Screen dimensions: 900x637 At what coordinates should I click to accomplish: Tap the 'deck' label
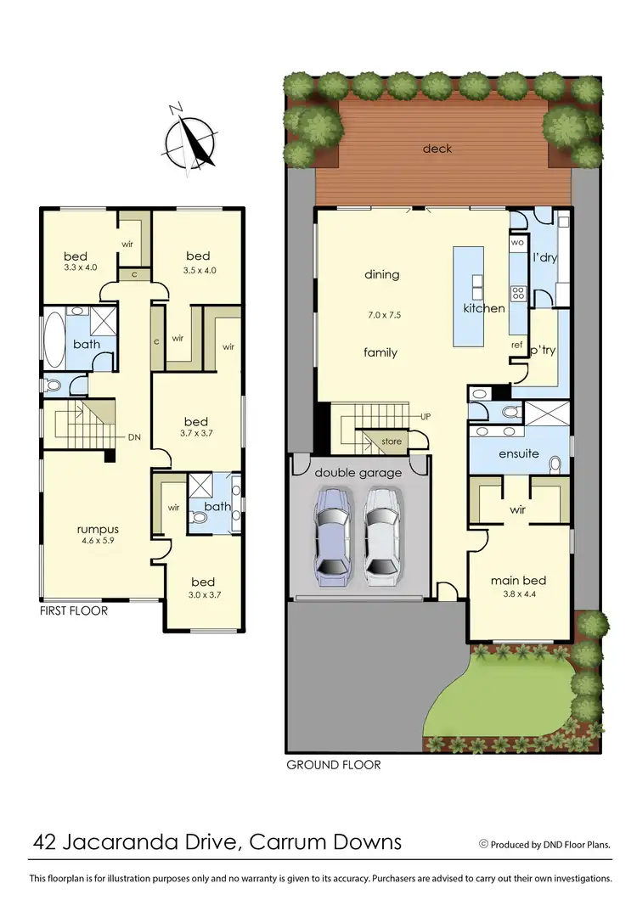437,149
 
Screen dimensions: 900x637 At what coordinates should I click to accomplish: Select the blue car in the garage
332,537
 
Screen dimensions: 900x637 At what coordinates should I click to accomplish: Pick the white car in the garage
381,537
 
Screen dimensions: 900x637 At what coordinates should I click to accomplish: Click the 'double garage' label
358,472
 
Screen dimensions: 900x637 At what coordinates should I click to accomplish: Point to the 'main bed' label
518,581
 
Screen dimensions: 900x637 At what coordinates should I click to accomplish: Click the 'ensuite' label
518,453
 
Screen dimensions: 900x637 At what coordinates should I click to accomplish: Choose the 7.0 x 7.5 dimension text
382,314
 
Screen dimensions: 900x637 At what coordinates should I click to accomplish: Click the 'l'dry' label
544,257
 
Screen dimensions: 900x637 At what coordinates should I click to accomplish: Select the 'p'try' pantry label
542,351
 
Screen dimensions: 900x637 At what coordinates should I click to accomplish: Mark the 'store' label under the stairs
391,441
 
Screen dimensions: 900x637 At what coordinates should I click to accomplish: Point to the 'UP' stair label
426,417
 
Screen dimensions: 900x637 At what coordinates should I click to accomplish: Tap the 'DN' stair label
133,437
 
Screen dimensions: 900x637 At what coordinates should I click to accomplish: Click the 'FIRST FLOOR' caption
74,610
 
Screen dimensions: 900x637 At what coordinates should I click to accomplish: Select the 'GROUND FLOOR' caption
333,764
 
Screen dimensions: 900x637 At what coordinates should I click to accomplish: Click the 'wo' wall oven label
517,243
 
